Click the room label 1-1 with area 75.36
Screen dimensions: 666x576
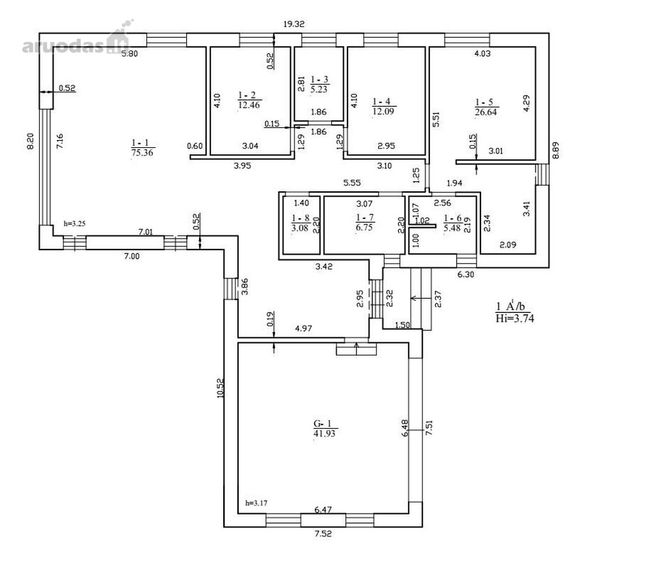[142, 148]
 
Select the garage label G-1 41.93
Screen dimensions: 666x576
[325, 428]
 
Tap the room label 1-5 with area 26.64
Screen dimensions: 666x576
[486, 107]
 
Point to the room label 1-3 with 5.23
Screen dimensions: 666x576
[319, 84]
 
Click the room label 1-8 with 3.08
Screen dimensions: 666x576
[300, 223]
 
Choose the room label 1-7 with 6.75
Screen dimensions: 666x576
[365, 222]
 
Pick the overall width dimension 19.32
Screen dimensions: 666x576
[294, 24]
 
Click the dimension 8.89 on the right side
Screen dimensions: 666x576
[555, 150]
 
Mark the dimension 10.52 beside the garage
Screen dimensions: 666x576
[220, 388]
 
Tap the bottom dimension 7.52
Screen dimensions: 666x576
[323, 534]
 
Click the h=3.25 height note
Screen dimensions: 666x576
[75, 223]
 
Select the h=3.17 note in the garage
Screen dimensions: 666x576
[257, 504]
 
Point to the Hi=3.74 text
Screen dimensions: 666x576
[515, 318]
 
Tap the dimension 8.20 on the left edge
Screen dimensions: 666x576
[31, 141]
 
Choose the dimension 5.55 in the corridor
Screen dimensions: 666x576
[352, 182]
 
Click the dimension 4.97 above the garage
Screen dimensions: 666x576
[304, 328]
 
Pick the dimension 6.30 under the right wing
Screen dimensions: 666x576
[466, 275]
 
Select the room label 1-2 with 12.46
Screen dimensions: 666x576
[250, 100]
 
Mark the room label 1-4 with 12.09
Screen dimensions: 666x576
[384, 107]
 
